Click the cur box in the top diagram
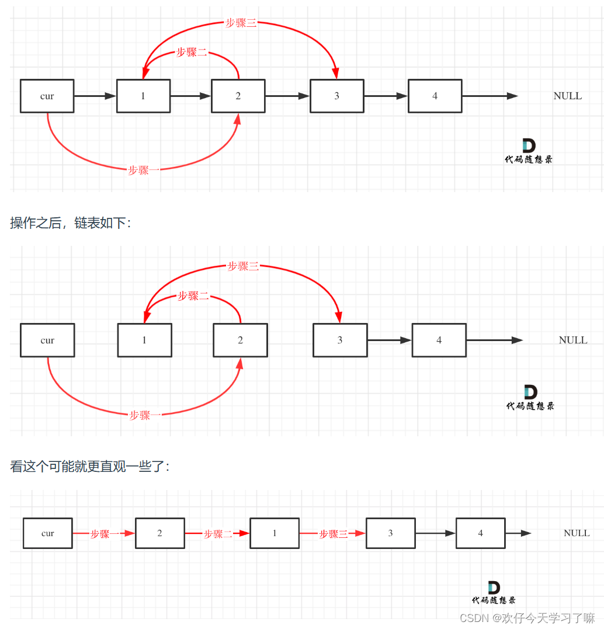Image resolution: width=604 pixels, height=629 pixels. (47, 96)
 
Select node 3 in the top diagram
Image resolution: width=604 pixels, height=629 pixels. (336, 96)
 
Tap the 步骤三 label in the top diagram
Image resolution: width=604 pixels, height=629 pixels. (241, 23)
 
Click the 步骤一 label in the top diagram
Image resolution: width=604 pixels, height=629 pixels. (144, 171)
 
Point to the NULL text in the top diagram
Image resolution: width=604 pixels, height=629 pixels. (567, 96)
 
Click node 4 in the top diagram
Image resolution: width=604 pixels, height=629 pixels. (435, 96)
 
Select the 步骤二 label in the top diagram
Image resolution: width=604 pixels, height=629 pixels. (192, 53)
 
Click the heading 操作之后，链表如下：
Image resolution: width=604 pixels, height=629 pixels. (71, 223)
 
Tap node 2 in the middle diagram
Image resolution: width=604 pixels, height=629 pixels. (240, 340)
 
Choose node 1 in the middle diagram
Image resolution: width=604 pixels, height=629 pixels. (144, 340)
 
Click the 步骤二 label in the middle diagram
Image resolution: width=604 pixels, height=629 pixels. (193, 296)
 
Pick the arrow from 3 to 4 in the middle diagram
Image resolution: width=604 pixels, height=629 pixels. (389, 340)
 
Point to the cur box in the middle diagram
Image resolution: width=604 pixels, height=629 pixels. (47, 340)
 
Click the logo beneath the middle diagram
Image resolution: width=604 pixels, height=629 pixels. (530, 398)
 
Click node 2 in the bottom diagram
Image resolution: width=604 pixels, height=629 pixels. (159, 533)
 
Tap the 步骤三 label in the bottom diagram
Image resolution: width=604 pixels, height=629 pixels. (333, 534)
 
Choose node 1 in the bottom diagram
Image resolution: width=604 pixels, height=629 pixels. (275, 533)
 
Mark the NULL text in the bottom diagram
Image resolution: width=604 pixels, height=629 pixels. (577, 533)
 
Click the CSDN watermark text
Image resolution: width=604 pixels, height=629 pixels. (527, 618)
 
